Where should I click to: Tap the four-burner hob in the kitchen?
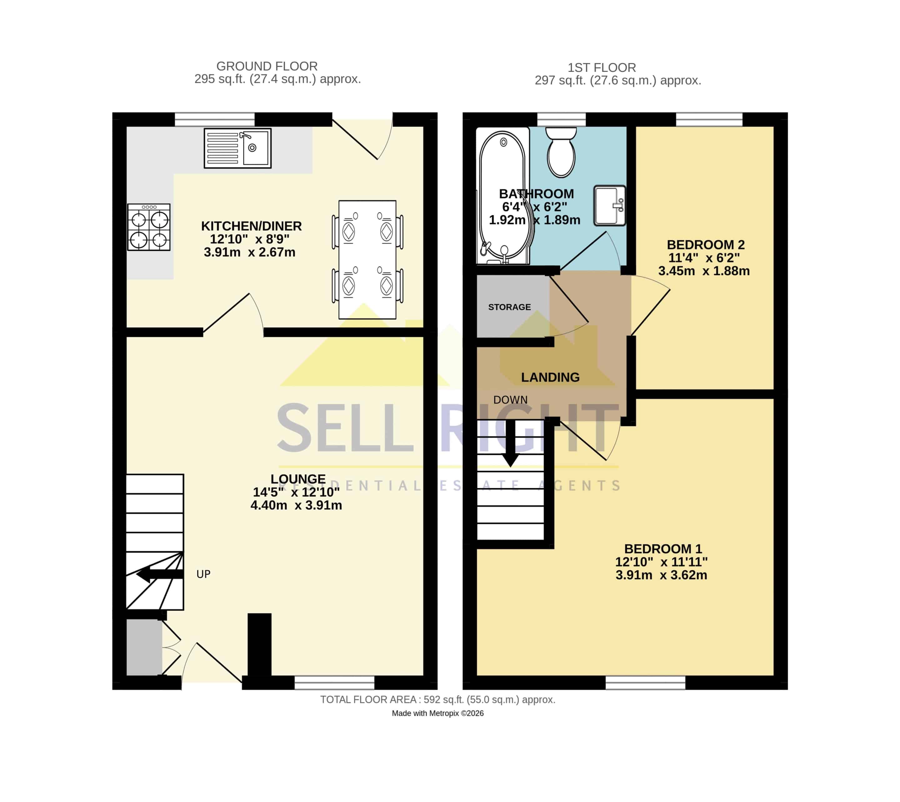tap(149, 227)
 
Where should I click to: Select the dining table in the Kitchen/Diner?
tap(367, 260)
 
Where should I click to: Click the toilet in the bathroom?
tap(561, 152)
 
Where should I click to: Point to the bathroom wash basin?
tap(609, 205)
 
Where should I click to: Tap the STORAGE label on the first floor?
tap(509, 307)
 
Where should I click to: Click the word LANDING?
tap(550, 377)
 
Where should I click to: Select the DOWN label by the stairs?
tap(510, 400)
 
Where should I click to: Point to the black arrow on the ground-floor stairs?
tap(159, 574)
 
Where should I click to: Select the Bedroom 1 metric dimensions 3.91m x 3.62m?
tap(661, 575)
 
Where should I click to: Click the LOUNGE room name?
tap(298, 479)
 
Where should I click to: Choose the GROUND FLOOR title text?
tap(267, 66)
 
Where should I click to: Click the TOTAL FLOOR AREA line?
tap(438, 700)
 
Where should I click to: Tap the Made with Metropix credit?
tap(438, 713)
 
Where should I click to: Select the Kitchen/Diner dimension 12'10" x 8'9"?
tap(250, 239)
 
